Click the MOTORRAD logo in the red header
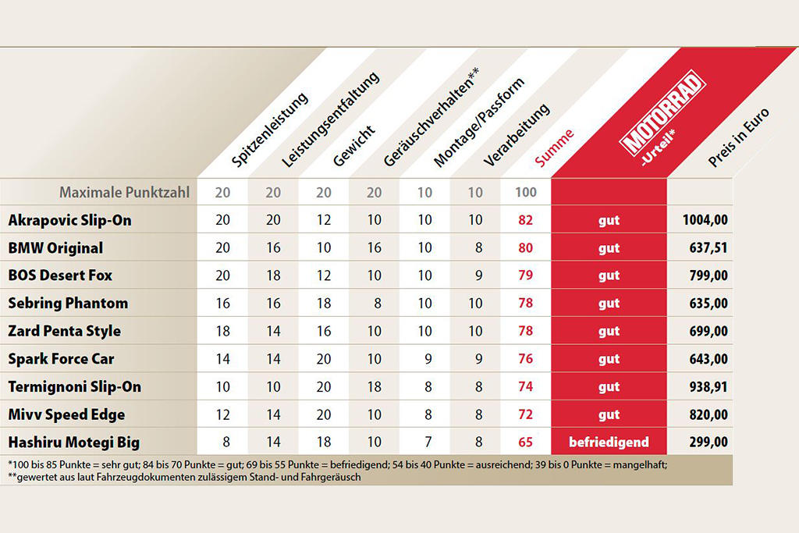[x=662, y=123]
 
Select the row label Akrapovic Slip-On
[x=69, y=220]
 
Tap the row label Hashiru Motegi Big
[x=74, y=442]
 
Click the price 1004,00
[x=706, y=220]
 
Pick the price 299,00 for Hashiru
[x=709, y=442]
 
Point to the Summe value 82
[x=525, y=220]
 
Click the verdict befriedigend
[x=609, y=442]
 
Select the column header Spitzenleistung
[x=270, y=130]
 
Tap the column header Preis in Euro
[x=738, y=137]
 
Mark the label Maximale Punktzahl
[x=125, y=192]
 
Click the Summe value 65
[x=525, y=442]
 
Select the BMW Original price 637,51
[x=709, y=248]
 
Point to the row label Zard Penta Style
[x=64, y=331]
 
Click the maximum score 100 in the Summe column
[x=525, y=192]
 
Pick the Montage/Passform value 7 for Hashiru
[x=424, y=442]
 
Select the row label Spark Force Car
[x=61, y=359]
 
